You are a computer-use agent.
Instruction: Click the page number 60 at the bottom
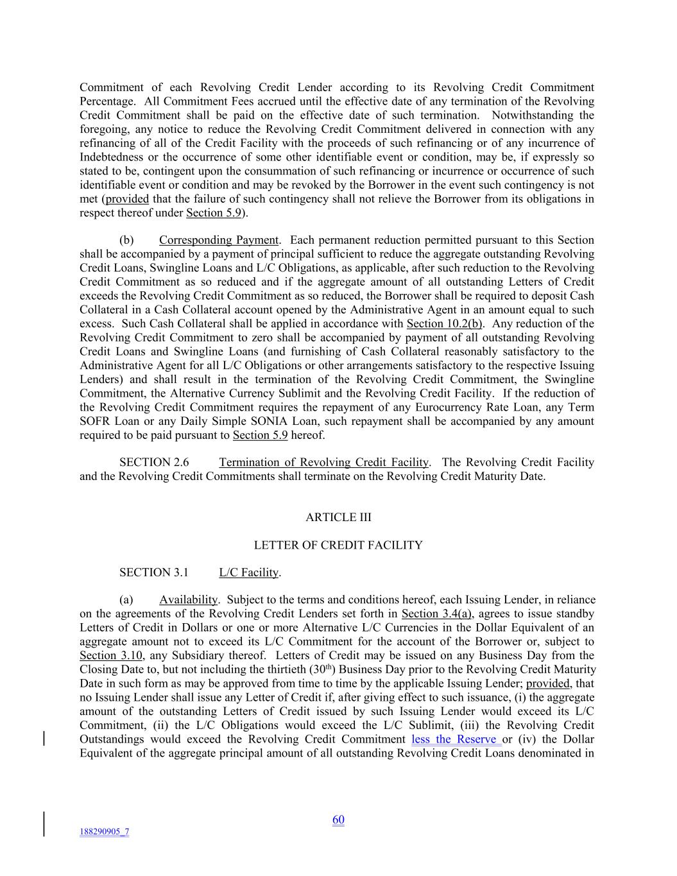coord(338,820)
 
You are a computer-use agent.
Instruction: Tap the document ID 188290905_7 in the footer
coord(104,832)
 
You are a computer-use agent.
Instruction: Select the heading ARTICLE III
coord(338,517)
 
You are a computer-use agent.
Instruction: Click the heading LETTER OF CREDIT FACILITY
coord(338,545)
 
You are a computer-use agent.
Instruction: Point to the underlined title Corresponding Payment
coord(218,240)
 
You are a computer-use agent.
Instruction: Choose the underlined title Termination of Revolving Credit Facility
coord(323,462)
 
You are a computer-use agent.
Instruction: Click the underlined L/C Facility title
coord(248,572)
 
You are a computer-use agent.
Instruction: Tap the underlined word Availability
coord(188,600)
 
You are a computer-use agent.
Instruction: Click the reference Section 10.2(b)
coord(445,323)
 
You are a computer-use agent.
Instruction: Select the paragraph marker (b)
coord(126,240)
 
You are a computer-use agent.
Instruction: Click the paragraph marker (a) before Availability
coord(126,600)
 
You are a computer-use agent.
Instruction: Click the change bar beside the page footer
coord(44,824)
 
